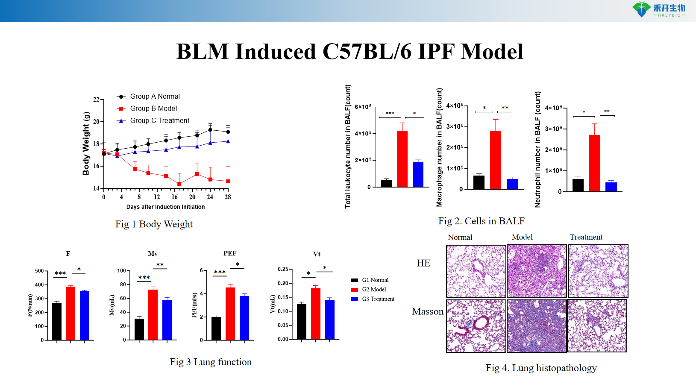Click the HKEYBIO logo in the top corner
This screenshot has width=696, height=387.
[x=659, y=9]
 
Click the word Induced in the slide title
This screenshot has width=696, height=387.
[x=276, y=52]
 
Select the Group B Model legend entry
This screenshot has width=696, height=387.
[x=153, y=108]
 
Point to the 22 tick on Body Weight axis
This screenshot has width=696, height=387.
[x=96, y=100]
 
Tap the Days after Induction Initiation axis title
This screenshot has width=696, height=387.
[x=165, y=207]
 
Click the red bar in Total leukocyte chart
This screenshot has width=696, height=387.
[x=402, y=158]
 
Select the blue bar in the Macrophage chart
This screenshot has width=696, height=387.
[x=512, y=184]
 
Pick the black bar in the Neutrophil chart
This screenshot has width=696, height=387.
[x=578, y=185]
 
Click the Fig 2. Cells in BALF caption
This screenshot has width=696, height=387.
[x=481, y=221]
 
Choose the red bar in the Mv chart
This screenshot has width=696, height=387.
[x=153, y=314]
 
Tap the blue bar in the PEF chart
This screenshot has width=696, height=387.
[x=244, y=318]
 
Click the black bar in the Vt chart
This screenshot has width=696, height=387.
[x=302, y=321]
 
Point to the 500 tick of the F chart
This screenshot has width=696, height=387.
[x=39, y=271]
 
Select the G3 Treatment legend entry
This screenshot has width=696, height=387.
[x=378, y=299]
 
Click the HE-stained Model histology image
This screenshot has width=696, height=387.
[x=537, y=271]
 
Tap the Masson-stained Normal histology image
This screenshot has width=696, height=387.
[x=476, y=326]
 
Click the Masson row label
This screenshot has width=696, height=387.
[x=428, y=311]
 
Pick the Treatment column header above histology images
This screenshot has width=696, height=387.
[x=586, y=237]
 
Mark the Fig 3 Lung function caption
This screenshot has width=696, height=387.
[x=211, y=362]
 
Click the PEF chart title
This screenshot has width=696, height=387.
[x=230, y=253]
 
